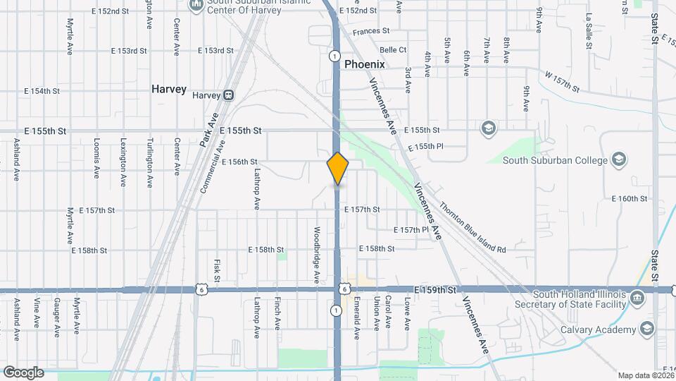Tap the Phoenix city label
coord(365,64)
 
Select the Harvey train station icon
coord(228,95)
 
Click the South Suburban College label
coord(555,160)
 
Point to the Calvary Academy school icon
coord(646,329)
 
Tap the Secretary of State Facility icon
coord(638,298)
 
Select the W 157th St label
coord(561,81)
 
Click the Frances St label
coord(371,31)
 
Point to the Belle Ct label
coord(393,50)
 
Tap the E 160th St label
coord(629,199)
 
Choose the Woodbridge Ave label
coord(318,255)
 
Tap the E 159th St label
coord(437,289)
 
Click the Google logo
coord(23,372)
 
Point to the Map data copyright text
coord(646,375)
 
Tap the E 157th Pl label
coord(411,230)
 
